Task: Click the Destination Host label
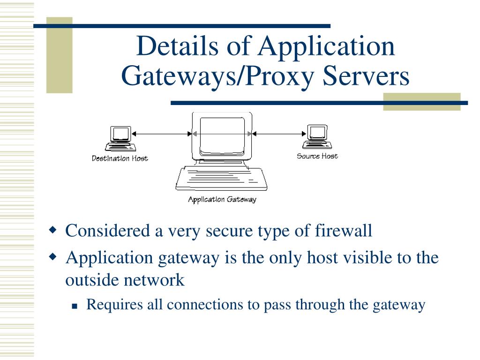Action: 120,158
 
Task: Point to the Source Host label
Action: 317,156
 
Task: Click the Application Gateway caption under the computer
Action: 222,200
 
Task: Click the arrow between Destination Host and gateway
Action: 162,134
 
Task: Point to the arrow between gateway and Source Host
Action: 279,134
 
